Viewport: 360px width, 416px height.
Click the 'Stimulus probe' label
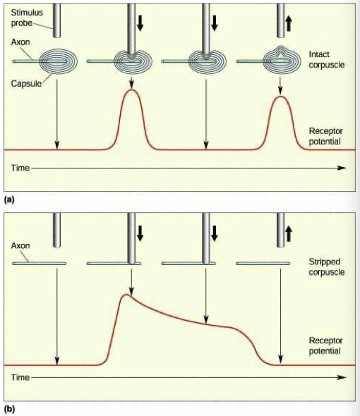pyautogui.click(x=27, y=18)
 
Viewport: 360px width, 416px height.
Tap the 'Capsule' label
pyautogui.click(x=26, y=84)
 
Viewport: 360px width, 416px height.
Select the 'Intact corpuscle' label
pyautogui.click(x=327, y=59)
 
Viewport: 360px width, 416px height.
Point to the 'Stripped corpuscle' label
pyautogui.click(x=327, y=267)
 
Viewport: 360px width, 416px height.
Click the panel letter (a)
pyautogui.click(x=9, y=200)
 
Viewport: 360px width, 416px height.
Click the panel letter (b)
pyautogui.click(x=9, y=409)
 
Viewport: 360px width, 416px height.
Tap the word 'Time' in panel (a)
pyautogui.click(x=20, y=168)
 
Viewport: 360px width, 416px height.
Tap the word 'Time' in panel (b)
pyautogui.click(x=20, y=377)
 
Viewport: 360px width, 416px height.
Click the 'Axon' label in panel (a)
pyautogui.click(x=20, y=42)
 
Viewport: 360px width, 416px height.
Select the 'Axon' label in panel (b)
pyautogui.click(x=20, y=245)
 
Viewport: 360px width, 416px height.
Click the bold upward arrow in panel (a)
pyautogui.click(x=289, y=23)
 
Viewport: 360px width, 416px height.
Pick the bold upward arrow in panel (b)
pyautogui.click(x=289, y=234)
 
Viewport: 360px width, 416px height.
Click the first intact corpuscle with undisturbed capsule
pyautogui.click(x=58, y=61)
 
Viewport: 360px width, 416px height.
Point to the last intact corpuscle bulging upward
pyautogui.click(x=282, y=60)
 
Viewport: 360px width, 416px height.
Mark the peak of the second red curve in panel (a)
pyautogui.click(x=281, y=97)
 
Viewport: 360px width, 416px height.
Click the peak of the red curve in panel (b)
pyautogui.click(x=126, y=295)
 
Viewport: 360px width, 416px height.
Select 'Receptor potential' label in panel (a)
pyautogui.click(x=325, y=136)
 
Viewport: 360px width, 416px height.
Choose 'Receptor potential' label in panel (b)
pyautogui.click(x=325, y=345)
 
